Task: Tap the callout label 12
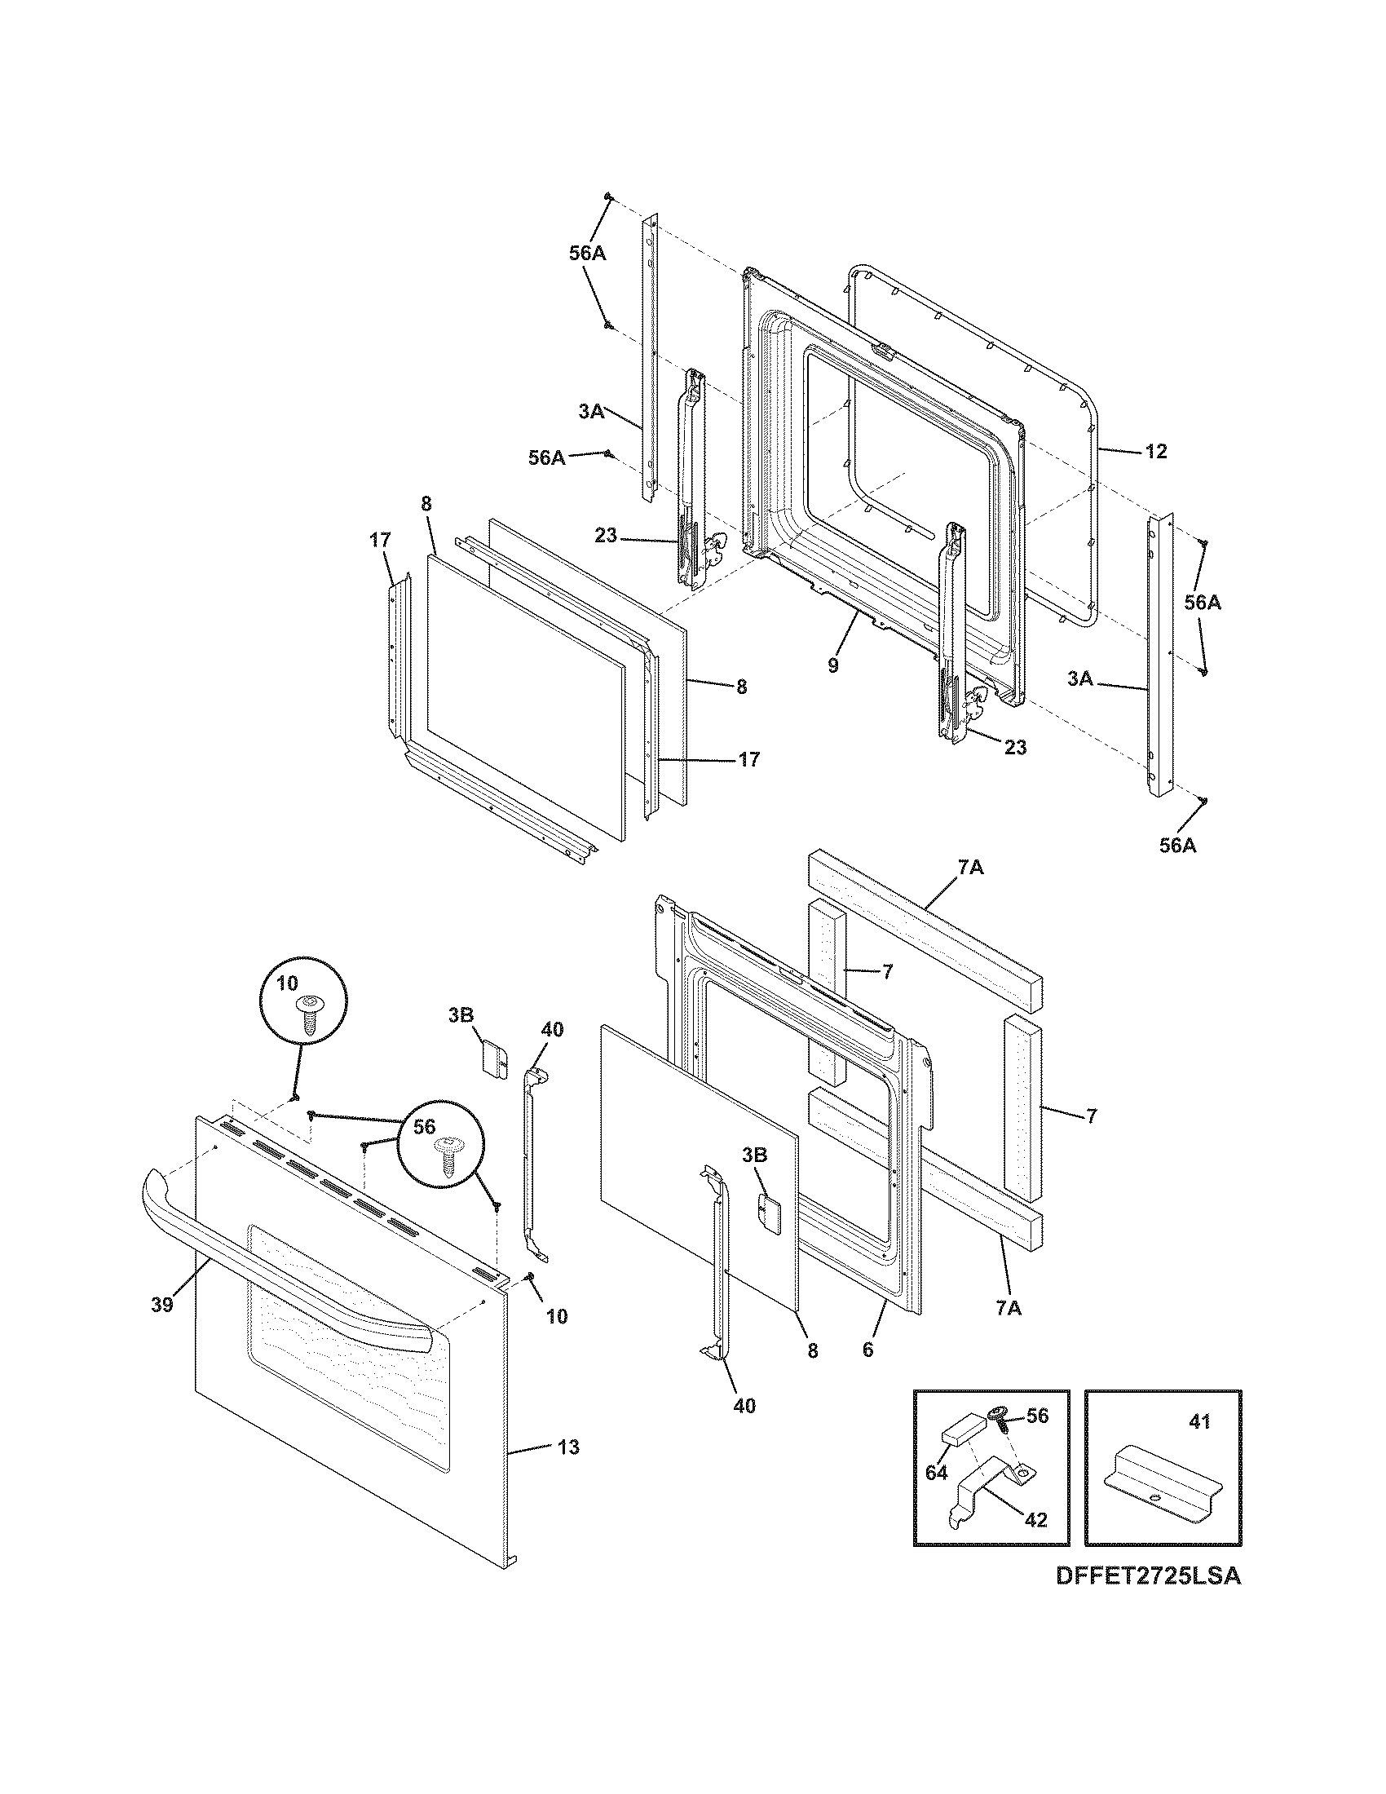(1155, 452)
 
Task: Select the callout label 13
(568, 1470)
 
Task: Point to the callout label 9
(832, 665)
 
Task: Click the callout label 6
(868, 1350)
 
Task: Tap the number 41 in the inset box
(1199, 1422)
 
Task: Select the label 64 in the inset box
(937, 1473)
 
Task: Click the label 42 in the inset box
(1036, 1520)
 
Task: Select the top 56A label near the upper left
(588, 254)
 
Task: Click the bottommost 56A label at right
(1177, 845)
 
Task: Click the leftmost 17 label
(379, 540)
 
